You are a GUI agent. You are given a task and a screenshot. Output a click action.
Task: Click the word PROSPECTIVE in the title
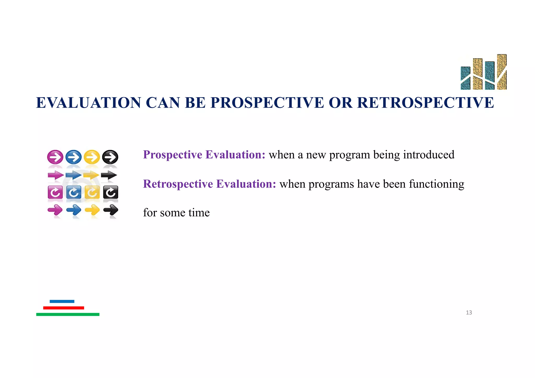click(267, 102)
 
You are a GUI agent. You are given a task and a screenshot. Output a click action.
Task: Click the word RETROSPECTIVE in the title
click(425, 102)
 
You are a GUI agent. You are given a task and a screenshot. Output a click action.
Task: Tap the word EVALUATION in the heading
click(89, 102)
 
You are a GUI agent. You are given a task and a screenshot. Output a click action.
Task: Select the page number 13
click(469, 312)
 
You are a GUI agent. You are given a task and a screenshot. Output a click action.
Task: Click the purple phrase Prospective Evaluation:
click(204, 155)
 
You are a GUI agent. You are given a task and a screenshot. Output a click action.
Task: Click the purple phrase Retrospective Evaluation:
click(210, 184)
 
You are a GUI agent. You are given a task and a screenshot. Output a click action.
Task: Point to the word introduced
click(428, 155)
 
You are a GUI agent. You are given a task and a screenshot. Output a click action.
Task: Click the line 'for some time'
click(176, 213)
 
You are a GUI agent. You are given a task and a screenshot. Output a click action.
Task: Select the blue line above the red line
click(62, 301)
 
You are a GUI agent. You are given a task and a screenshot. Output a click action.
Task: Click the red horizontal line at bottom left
click(63, 308)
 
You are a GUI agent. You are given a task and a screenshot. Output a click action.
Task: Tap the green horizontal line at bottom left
click(68, 315)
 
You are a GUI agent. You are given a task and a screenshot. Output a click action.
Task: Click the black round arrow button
click(110, 157)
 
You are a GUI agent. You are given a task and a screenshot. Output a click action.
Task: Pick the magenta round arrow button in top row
click(55, 157)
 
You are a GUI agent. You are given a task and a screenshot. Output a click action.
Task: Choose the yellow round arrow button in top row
click(92, 157)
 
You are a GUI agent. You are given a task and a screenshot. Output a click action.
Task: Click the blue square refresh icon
click(74, 193)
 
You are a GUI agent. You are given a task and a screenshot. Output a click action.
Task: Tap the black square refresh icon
click(111, 193)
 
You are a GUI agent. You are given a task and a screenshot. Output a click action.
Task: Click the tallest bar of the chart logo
click(502, 72)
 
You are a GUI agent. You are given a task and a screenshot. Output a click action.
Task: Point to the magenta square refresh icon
click(55, 193)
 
